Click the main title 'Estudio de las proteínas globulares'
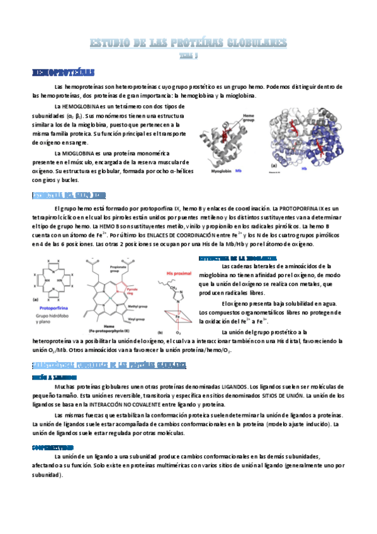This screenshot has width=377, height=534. [189, 43]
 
